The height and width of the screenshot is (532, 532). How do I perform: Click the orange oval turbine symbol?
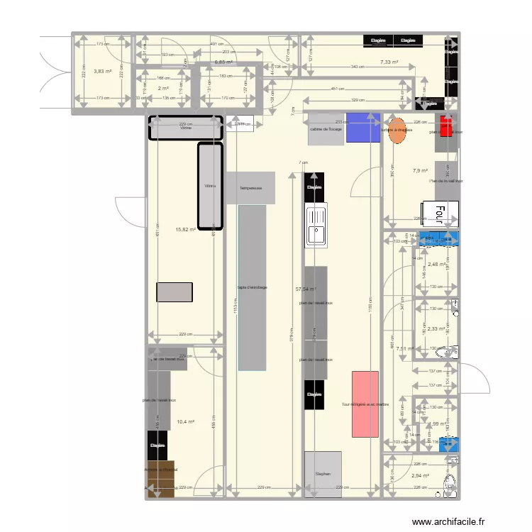point(397,130)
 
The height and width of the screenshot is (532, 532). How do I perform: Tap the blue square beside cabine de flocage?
point(362,128)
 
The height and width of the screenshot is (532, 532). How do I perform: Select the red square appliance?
point(446,126)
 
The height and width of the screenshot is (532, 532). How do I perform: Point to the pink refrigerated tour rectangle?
point(365,404)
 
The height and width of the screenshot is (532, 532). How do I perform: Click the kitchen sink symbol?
point(316,225)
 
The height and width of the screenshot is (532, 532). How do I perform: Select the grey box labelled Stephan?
point(323,474)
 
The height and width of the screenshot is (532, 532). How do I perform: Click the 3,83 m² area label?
point(104,71)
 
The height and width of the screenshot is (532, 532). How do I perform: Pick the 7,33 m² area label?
point(389,62)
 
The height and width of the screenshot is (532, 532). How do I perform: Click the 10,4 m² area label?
point(186,421)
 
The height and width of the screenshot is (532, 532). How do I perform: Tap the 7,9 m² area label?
point(420,171)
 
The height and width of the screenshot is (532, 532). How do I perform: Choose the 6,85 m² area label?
point(223,62)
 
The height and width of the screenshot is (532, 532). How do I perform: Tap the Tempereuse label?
point(251,188)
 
